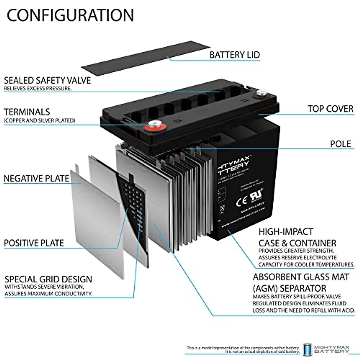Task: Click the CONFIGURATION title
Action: point(70,15)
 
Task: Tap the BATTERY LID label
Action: point(235,55)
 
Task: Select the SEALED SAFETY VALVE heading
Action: point(47,80)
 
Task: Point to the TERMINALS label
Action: point(27,112)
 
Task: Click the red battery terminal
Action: point(154,126)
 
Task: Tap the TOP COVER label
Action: point(330,109)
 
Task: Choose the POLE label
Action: point(340,144)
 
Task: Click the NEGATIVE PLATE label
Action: point(36,178)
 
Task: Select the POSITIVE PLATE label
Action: point(34,243)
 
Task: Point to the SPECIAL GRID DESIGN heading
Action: point(48,279)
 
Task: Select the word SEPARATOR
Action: point(303,288)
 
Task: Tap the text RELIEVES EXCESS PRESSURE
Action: point(38,88)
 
